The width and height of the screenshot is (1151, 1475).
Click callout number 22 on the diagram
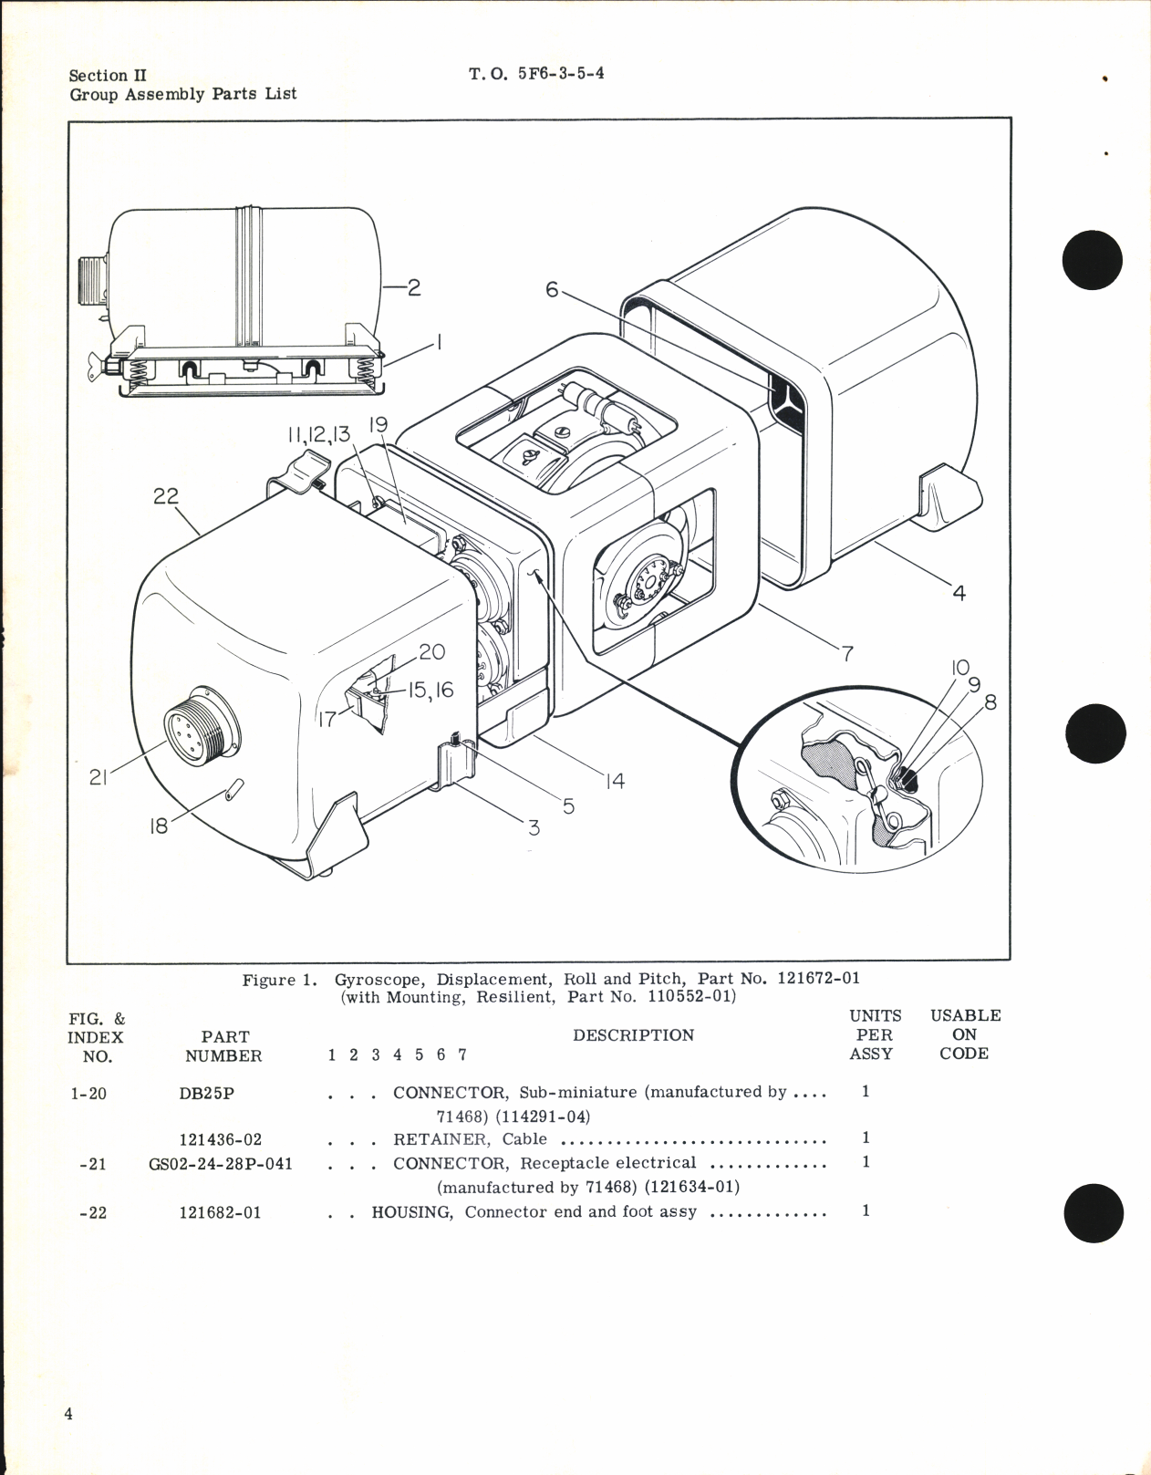point(166,496)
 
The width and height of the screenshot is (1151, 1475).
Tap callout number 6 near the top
point(552,289)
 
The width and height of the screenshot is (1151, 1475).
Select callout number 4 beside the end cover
point(959,593)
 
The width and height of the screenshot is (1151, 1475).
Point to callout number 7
point(847,653)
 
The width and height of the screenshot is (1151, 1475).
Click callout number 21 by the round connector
point(99,777)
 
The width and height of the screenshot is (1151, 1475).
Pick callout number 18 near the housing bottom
point(159,827)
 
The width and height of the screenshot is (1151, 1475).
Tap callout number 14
point(616,781)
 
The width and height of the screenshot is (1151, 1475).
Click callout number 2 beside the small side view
point(413,287)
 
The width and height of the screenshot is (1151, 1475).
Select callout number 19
point(378,425)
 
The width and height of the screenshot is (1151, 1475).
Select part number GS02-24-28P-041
point(220,1164)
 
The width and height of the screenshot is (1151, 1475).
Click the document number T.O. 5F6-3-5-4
point(536,74)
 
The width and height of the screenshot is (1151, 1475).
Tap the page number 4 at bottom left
point(68,1414)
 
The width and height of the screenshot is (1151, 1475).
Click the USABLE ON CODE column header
point(965,1034)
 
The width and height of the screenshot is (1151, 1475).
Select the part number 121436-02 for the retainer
point(220,1140)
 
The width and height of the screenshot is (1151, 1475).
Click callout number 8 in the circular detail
point(990,702)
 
